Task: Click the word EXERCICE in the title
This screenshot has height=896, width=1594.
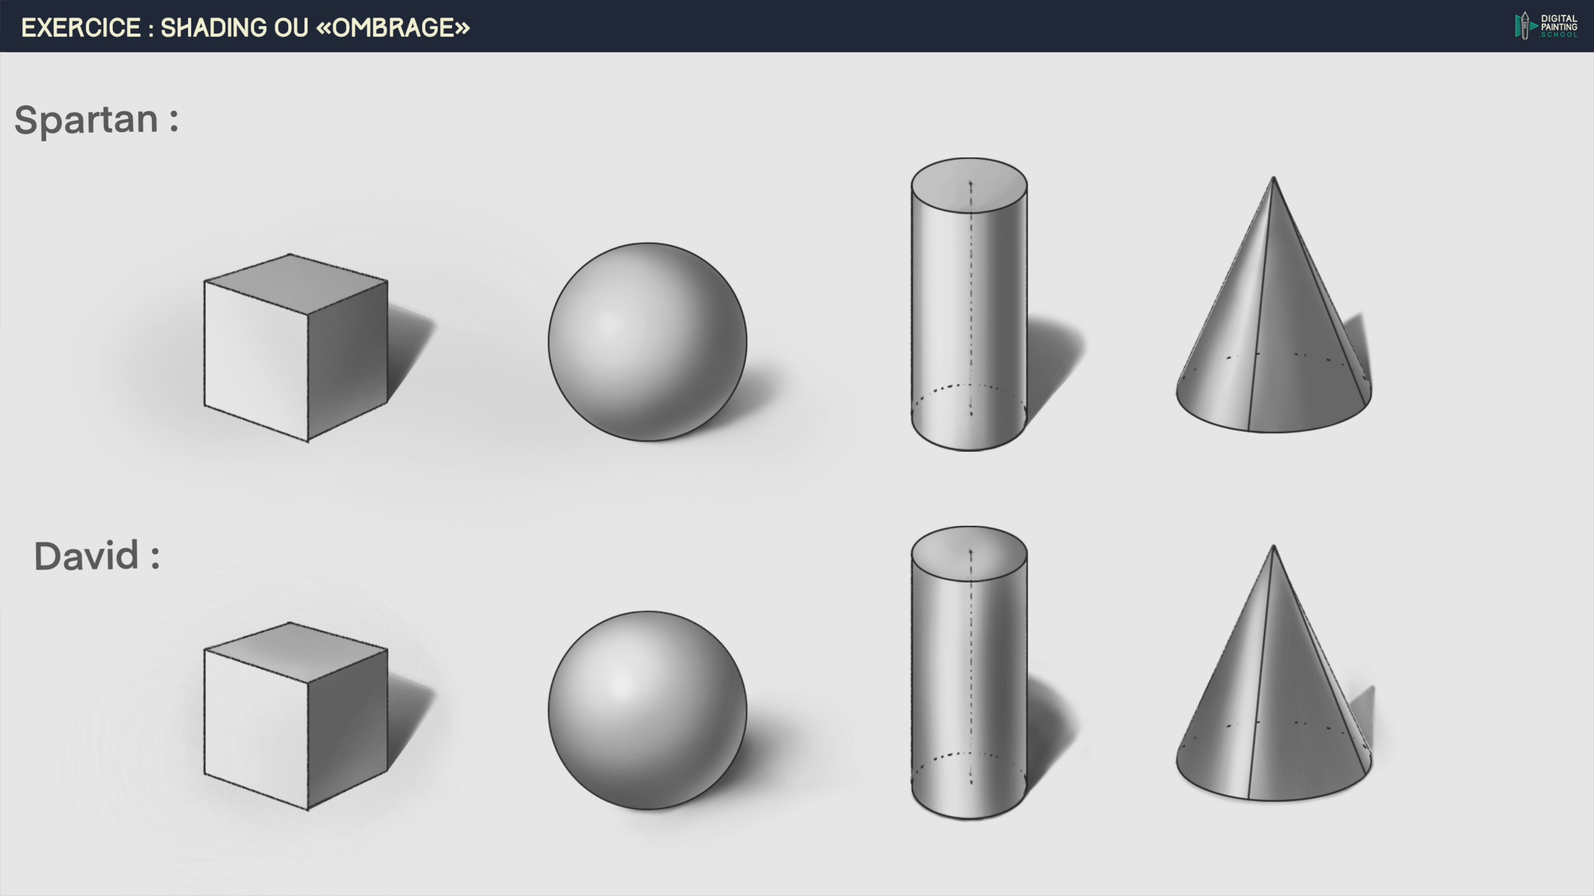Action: point(81,27)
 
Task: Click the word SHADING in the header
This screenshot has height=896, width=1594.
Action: point(214,27)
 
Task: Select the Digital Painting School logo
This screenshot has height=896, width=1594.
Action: point(1546,26)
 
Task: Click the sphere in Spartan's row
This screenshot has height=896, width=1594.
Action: point(647,342)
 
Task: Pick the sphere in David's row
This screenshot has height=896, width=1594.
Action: point(647,711)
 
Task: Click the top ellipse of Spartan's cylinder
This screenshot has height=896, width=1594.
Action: point(969,185)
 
